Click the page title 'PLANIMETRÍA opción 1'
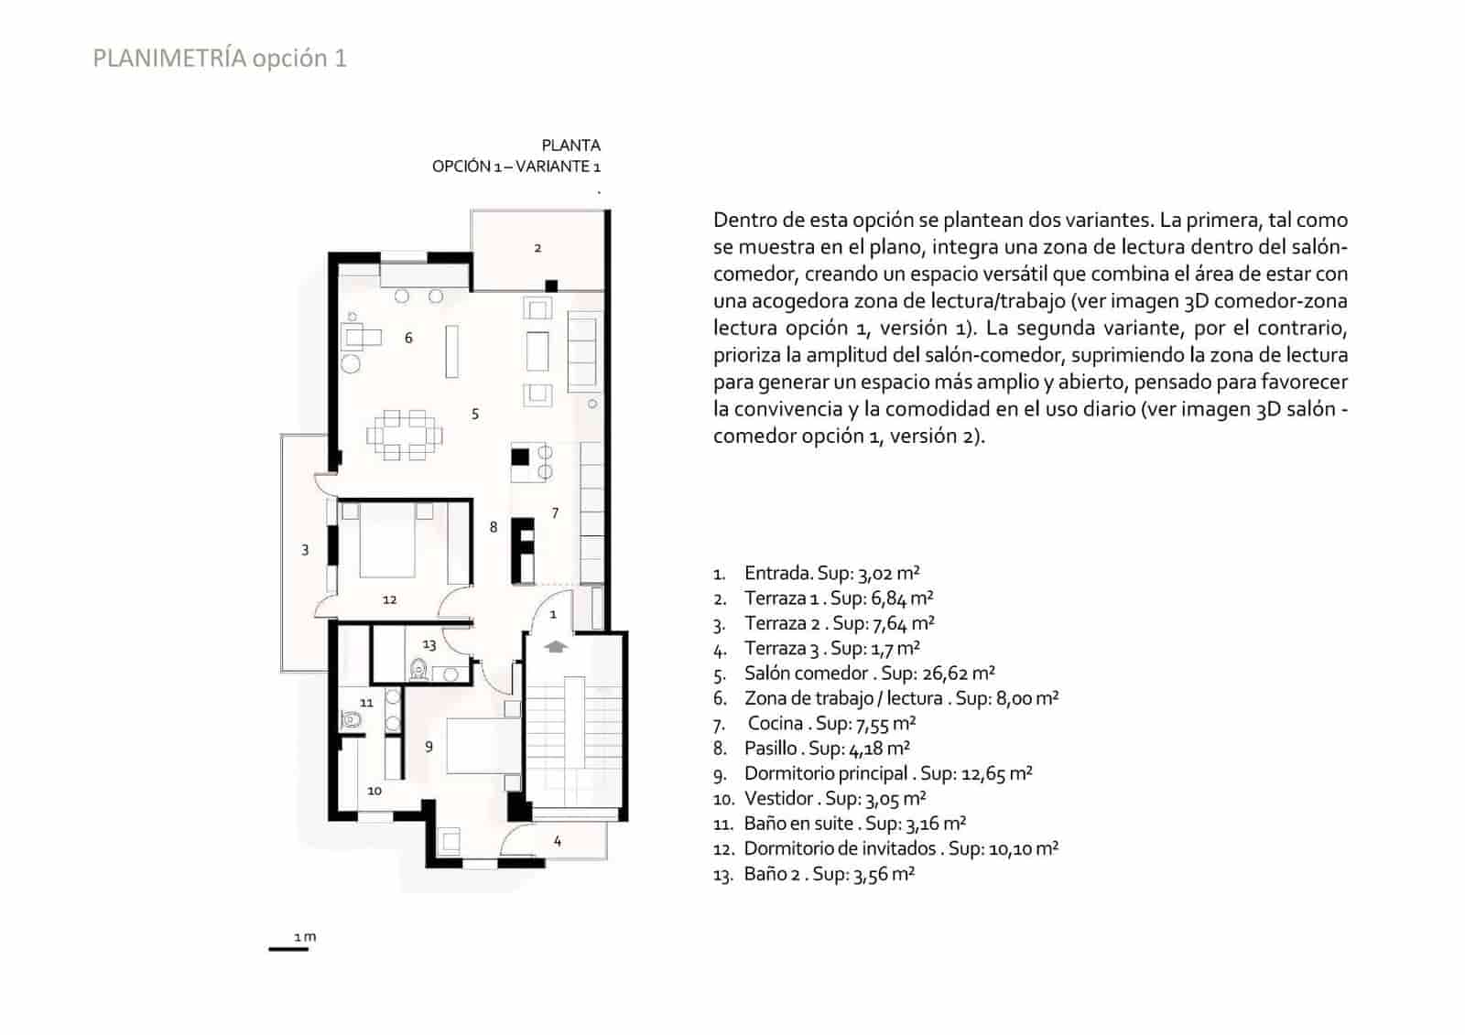coord(220,59)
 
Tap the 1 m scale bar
coord(288,948)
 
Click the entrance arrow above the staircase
coord(556,646)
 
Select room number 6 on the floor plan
coord(408,338)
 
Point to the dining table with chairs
coord(405,435)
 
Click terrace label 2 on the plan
coord(537,248)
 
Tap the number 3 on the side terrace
coord(305,550)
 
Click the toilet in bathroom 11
coord(352,720)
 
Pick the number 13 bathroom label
coord(429,644)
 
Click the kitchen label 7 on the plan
coord(555,512)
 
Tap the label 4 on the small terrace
coord(557,840)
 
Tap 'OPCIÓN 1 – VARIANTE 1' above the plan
coord(516,167)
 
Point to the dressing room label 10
coord(374,791)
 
